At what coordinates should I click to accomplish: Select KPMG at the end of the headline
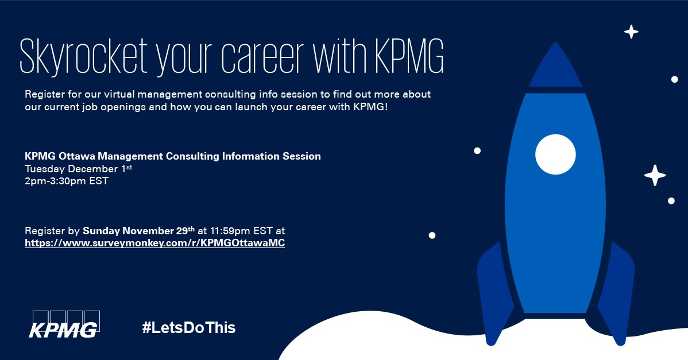pos(409,57)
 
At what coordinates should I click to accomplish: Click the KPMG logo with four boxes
pos(64,324)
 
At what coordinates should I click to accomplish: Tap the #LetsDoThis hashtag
pos(189,327)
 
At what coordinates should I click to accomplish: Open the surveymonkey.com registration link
pos(155,243)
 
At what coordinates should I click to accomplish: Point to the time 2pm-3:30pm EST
pos(67,181)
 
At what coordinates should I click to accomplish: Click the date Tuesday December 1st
pos(79,169)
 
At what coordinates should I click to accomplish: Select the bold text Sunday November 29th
pos(138,231)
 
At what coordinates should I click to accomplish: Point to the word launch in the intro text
pos(251,107)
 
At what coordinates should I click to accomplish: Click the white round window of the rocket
pos(555,154)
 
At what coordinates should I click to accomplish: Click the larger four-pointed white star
pos(655,175)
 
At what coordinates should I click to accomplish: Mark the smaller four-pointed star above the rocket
pos(631,32)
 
